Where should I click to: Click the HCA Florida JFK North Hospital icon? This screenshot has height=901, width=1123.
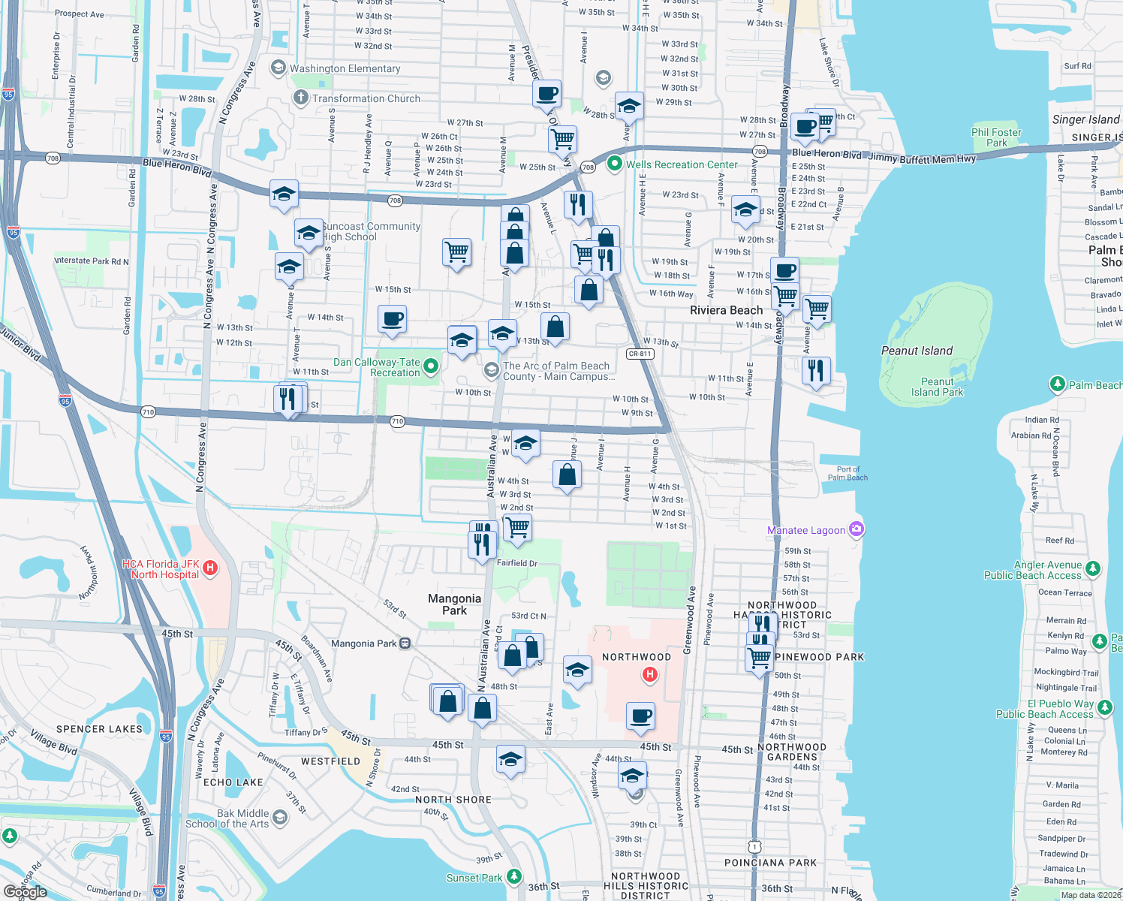click(210, 568)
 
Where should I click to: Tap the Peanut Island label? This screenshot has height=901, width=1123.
click(917, 351)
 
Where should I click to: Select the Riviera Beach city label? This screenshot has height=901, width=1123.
click(726, 310)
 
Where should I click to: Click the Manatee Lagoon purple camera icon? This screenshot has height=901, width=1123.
click(857, 529)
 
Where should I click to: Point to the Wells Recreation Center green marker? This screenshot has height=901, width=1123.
click(615, 164)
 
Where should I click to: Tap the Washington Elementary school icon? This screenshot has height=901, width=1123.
click(278, 68)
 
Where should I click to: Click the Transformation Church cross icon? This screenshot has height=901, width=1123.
click(300, 98)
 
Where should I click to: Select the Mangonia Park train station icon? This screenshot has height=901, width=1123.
click(405, 643)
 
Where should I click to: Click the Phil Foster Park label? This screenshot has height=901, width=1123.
click(996, 137)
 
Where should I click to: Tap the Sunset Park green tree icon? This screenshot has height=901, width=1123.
click(513, 876)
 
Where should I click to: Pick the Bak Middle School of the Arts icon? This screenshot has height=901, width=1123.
click(280, 818)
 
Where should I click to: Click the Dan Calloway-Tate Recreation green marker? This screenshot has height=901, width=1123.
click(431, 366)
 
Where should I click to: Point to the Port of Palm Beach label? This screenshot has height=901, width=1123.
click(848, 473)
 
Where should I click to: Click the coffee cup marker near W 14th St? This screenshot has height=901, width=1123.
click(393, 319)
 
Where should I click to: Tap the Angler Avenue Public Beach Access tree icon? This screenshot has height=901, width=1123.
click(1093, 568)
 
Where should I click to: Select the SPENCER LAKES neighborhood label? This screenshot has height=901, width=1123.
click(99, 729)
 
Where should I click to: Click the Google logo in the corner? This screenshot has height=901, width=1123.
click(25, 892)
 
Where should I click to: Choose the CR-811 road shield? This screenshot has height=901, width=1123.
click(640, 354)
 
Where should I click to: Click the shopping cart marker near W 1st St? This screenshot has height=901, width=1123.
click(517, 527)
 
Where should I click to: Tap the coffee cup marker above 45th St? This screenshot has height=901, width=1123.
click(640, 716)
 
